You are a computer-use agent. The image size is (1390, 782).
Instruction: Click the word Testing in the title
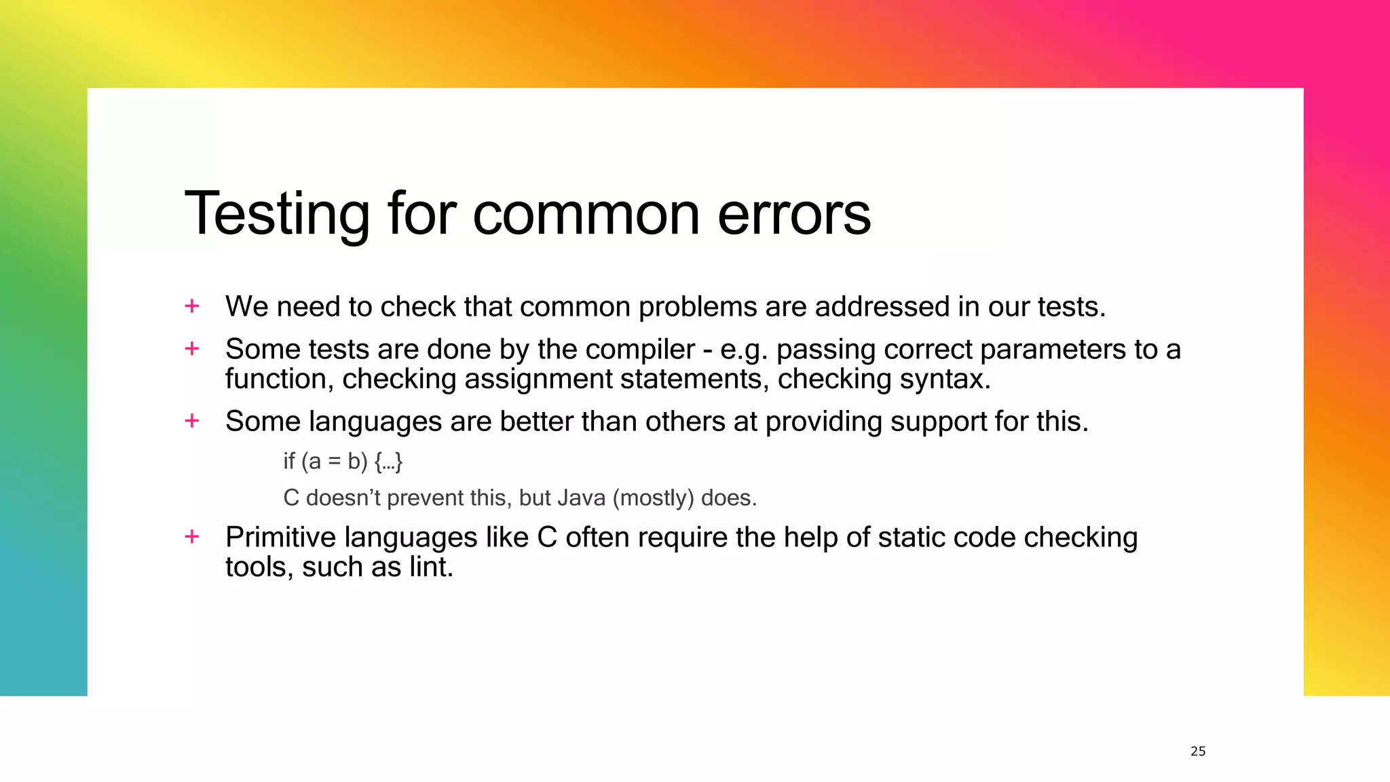click(x=277, y=215)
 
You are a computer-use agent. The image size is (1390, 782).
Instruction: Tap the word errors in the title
click(x=793, y=215)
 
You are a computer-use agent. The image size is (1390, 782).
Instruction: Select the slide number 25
click(x=1198, y=751)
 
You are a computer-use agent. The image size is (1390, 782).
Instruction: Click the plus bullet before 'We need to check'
click(x=192, y=306)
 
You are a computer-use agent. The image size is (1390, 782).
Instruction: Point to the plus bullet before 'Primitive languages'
click(x=192, y=537)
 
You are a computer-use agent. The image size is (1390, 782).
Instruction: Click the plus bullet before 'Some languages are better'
click(x=192, y=421)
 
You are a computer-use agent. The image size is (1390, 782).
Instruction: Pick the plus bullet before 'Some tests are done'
click(x=192, y=349)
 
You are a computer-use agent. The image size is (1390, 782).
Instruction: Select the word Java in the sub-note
click(x=581, y=498)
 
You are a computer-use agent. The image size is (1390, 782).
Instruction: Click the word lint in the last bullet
click(x=430, y=567)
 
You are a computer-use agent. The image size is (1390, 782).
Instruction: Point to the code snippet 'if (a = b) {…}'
click(x=343, y=462)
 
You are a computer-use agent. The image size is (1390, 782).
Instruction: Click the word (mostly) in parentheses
click(x=653, y=498)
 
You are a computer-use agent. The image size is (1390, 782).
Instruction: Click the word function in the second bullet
click(x=279, y=379)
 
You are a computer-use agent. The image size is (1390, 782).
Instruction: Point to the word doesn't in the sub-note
click(x=343, y=498)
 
